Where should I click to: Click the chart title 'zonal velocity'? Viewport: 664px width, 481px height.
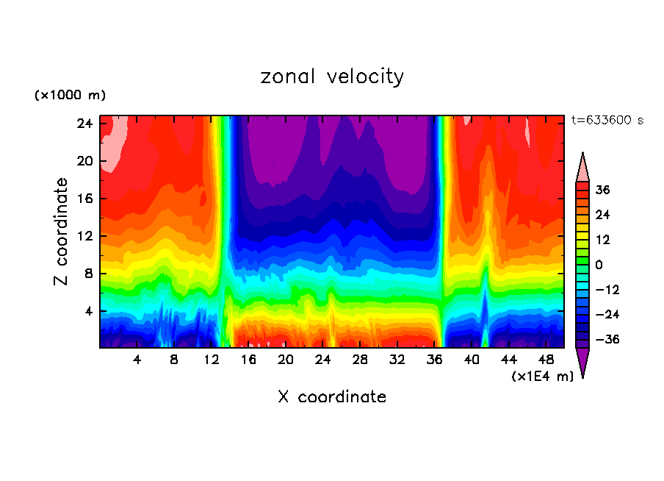click(x=332, y=76)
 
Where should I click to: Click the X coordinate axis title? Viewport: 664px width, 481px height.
click(x=332, y=397)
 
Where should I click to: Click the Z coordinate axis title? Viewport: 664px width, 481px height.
click(x=62, y=232)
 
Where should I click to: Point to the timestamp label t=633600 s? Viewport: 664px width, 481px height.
click(x=607, y=120)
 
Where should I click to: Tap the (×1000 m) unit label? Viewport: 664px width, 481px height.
click(x=70, y=96)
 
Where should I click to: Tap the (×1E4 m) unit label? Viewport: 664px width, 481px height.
click(x=542, y=377)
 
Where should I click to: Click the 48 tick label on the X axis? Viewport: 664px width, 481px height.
click(x=546, y=360)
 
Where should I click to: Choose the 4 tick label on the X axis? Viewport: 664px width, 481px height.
click(x=137, y=360)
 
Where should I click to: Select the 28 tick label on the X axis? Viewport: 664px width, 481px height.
click(x=360, y=360)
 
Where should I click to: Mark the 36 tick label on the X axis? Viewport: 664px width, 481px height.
click(x=435, y=360)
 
